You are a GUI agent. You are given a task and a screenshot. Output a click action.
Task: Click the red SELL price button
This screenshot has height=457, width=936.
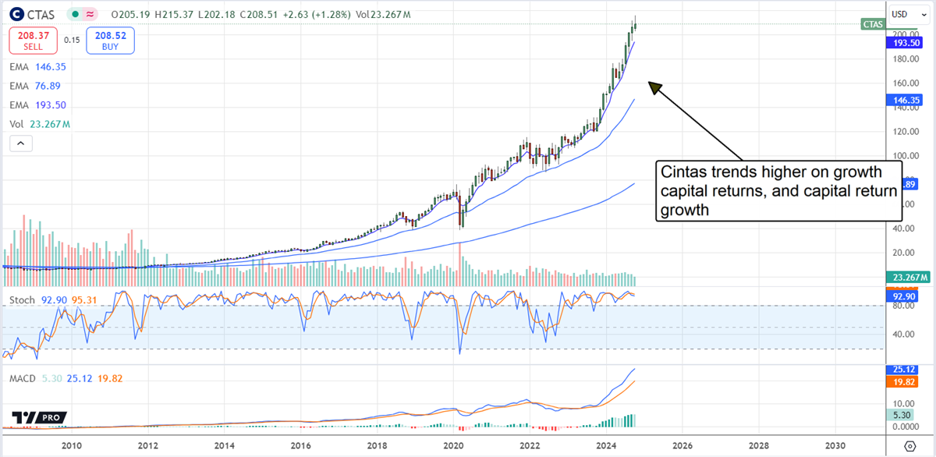click(x=33, y=40)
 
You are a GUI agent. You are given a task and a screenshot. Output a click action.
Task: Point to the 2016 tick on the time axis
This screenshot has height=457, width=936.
click(x=300, y=445)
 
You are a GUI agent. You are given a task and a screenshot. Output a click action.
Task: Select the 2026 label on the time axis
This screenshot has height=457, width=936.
click(x=682, y=445)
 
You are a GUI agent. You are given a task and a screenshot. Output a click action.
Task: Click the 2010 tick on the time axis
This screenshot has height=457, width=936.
click(x=72, y=445)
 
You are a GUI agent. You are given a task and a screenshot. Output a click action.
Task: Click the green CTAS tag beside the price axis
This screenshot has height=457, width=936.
click(x=873, y=25)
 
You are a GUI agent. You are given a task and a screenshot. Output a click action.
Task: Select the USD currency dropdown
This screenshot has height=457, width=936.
click(x=905, y=14)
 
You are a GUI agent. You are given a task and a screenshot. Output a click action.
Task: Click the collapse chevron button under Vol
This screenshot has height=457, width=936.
click(x=20, y=143)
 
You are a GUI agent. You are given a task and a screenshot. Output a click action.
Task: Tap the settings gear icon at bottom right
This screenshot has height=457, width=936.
click(x=909, y=445)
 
